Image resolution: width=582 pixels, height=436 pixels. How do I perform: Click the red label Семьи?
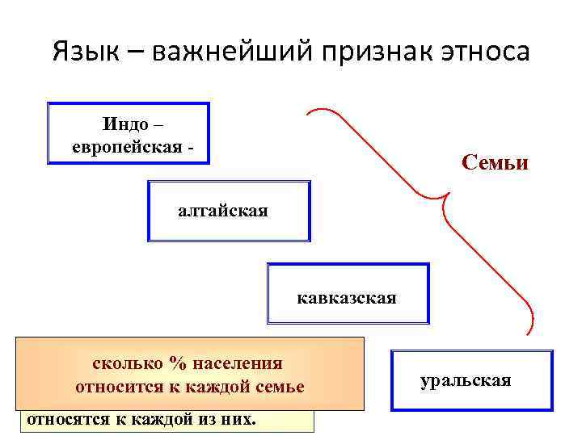[495, 163]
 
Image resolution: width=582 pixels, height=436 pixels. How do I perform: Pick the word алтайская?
[223, 211]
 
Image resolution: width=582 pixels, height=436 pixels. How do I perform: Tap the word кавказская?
[347, 298]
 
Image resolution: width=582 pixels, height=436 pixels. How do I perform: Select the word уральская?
[466, 379]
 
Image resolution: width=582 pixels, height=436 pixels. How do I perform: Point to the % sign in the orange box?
[175, 363]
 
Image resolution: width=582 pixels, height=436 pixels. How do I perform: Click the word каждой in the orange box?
[219, 387]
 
